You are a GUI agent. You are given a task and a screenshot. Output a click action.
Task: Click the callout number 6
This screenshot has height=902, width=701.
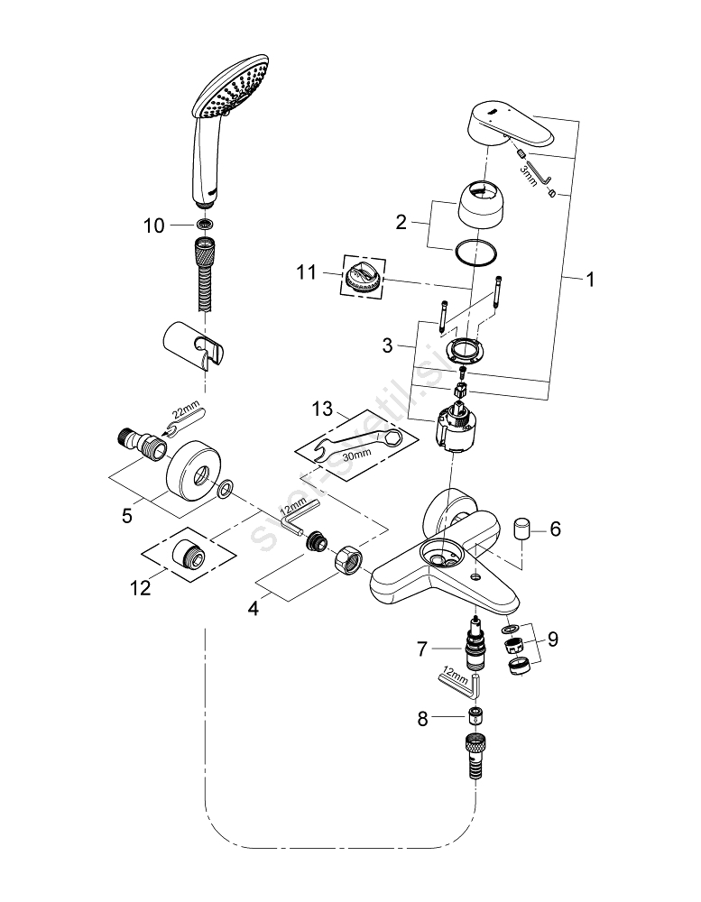[x=555, y=529]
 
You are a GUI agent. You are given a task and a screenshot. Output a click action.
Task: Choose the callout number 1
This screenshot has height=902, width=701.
[x=590, y=281]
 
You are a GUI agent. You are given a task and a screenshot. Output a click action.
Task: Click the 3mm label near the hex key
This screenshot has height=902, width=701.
[x=529, y=173]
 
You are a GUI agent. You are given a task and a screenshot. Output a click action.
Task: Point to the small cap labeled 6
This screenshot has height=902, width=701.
[x=521, y=528]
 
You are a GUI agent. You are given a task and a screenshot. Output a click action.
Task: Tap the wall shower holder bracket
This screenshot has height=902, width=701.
[x=194, y=347]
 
